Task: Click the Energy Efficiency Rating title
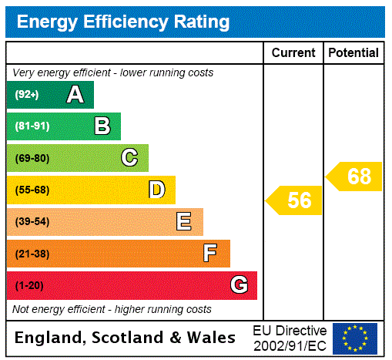click(123, 22)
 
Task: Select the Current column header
click(293, 52)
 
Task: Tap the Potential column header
click(353, 52)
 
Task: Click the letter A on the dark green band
click(75, 95)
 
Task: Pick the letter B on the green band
click(102, 126)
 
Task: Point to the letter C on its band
click(129, 158)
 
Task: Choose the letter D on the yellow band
click(157, 190)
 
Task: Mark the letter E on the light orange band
click(184, 222)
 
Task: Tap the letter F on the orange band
click(210, 253)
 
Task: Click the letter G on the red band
click(239, 285)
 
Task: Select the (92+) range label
click(27, 95)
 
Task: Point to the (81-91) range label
click(32, 126)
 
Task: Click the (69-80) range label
click(32, 158)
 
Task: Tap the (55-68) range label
click(32, 190)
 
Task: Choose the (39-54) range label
click(32, 222)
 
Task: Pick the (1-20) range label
click(29, 285)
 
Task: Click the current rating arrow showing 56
click(295, 200)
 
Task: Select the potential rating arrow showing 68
click(354, 177)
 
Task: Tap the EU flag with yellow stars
click(355, 338)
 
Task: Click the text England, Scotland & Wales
click(126, 338)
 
